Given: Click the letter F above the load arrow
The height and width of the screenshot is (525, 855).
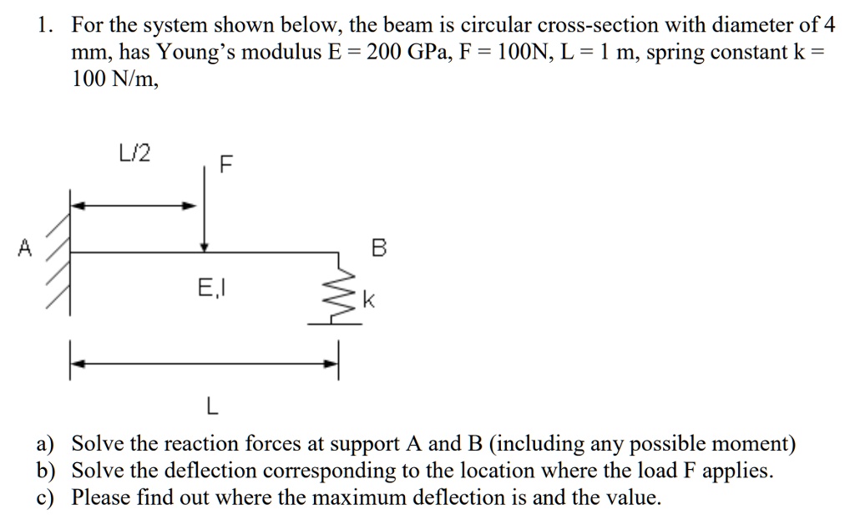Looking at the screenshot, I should (223, 164).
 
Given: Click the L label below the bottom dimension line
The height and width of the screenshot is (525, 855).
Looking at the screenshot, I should (211, 408).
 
